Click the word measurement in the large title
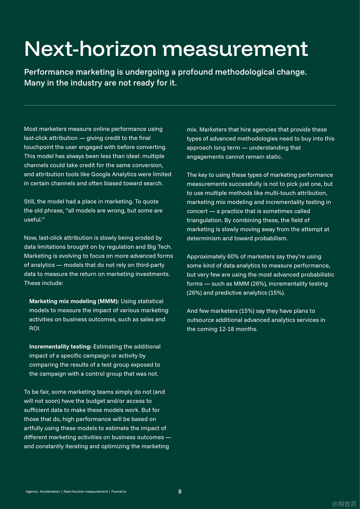click(x=235, y=49)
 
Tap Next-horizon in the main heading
click(x=90, y=49)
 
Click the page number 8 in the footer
click(x=180, y=492)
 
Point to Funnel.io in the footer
click(x=119, y=492)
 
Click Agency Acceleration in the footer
click(x=43, y=492)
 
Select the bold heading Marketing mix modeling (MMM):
click(x=74, y=301)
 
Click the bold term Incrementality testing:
click(x=60, y=347)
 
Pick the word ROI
click(x=35, y=328)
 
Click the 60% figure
click(x=233, y=257)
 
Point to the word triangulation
click(x=204, y=220)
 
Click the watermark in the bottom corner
click(x=344, y=504)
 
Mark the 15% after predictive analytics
click(x=276, y=293)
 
